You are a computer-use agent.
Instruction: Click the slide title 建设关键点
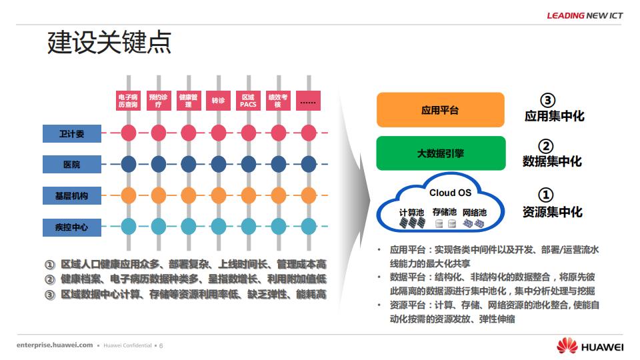109,41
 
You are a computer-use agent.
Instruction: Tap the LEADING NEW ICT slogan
585,15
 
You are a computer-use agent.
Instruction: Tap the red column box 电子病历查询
128,101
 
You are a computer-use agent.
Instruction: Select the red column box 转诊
218,101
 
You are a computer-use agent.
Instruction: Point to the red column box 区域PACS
248,101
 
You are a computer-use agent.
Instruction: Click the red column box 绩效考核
278,101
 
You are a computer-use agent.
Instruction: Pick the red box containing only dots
308,101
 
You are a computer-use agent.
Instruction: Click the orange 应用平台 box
440,110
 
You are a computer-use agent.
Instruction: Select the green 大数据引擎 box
440,153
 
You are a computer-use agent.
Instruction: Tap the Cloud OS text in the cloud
450,193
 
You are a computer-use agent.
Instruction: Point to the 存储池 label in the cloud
444,213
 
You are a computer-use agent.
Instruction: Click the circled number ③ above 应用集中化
547,100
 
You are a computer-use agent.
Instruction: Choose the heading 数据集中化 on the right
552,161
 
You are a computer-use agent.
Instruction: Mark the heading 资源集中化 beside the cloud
552,212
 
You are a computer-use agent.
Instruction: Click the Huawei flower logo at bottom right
567,346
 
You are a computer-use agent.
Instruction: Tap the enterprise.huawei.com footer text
55,345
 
